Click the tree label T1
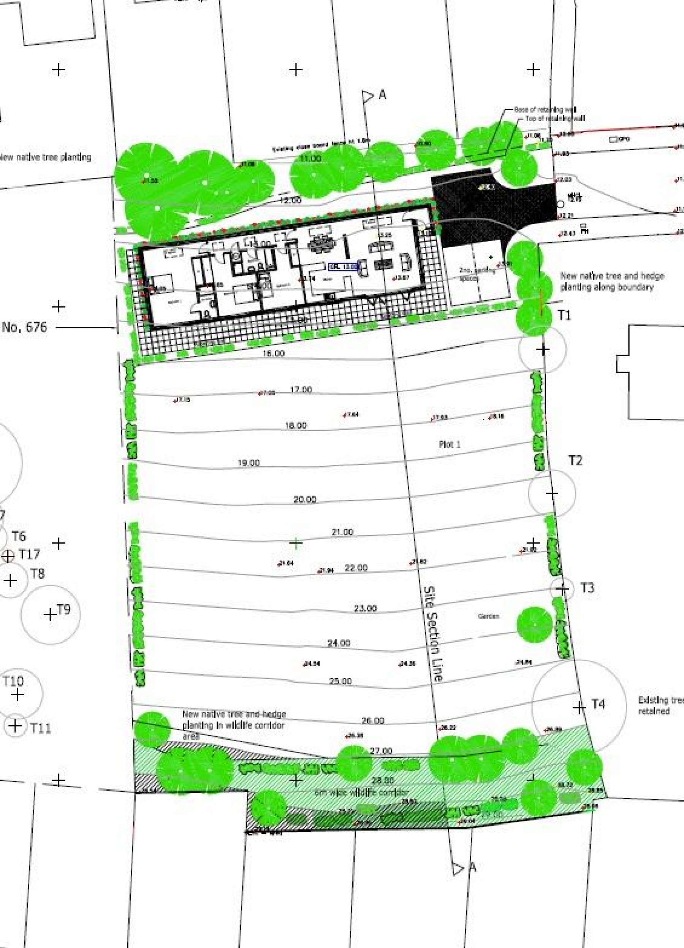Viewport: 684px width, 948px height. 564,315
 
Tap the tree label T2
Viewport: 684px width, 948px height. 575,460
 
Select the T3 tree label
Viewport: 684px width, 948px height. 587,588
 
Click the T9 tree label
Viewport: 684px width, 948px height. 63,609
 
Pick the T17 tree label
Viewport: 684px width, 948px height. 29,554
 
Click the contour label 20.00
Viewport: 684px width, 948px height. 305,499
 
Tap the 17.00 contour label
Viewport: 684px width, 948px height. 301,390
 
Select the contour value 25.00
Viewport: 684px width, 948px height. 340,681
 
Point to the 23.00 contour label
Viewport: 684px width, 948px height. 365,608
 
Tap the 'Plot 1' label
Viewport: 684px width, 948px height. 449,444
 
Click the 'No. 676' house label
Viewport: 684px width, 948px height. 25,327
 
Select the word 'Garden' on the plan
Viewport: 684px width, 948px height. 488,616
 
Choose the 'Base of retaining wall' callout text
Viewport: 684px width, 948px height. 545,109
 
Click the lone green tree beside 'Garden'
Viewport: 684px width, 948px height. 534,625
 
